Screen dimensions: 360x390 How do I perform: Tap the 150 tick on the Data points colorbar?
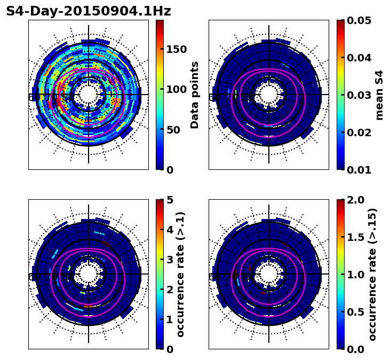click(x=176, y=49)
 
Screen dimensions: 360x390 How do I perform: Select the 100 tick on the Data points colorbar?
click(x=176, y=89)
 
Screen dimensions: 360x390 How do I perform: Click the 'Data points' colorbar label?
click(x=195, y=95)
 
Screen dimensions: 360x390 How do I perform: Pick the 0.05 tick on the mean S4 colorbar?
click(x=359, y=20)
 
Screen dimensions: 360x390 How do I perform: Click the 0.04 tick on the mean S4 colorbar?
click(x=359, y=58)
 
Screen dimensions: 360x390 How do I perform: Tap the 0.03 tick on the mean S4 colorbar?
click(x=359, y=95)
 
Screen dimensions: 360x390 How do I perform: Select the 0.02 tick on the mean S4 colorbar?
click(x=359, y=132)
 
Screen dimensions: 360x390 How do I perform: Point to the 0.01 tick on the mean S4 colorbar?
click(x=359, y=170)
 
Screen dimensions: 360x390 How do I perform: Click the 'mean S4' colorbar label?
click(x=379, y=95)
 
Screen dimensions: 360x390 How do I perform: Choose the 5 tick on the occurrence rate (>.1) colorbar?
click(x=170, y=200)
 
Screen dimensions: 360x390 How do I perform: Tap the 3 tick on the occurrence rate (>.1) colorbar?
click(x=170, y=260)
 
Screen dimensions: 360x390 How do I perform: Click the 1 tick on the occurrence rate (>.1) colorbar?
click(x=170, y=319)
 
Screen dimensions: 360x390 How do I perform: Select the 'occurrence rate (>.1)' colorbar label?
click(x=181, y=274)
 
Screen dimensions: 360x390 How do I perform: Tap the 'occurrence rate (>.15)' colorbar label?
click(x=372, y=274)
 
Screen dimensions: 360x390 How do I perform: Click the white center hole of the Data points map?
click(x=89, y=94)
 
